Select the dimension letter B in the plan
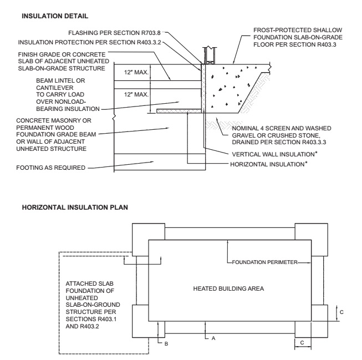click(165, 343)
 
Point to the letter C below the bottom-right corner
click(303, 343)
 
